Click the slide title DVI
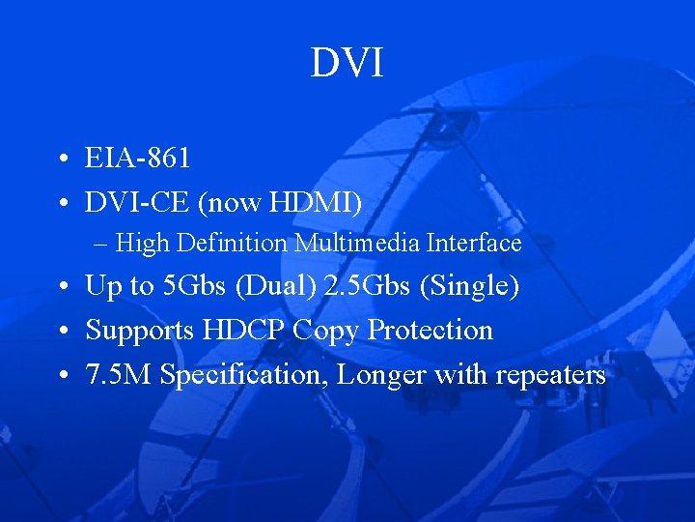coord(347,64)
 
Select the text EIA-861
coord(137,159)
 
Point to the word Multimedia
coord(357,243)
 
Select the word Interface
coord(474,243)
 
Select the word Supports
coord(140,331)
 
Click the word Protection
coord(431,331)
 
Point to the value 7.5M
coord(119,375)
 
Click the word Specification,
coord(245,375)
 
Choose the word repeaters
coord(550,375)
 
